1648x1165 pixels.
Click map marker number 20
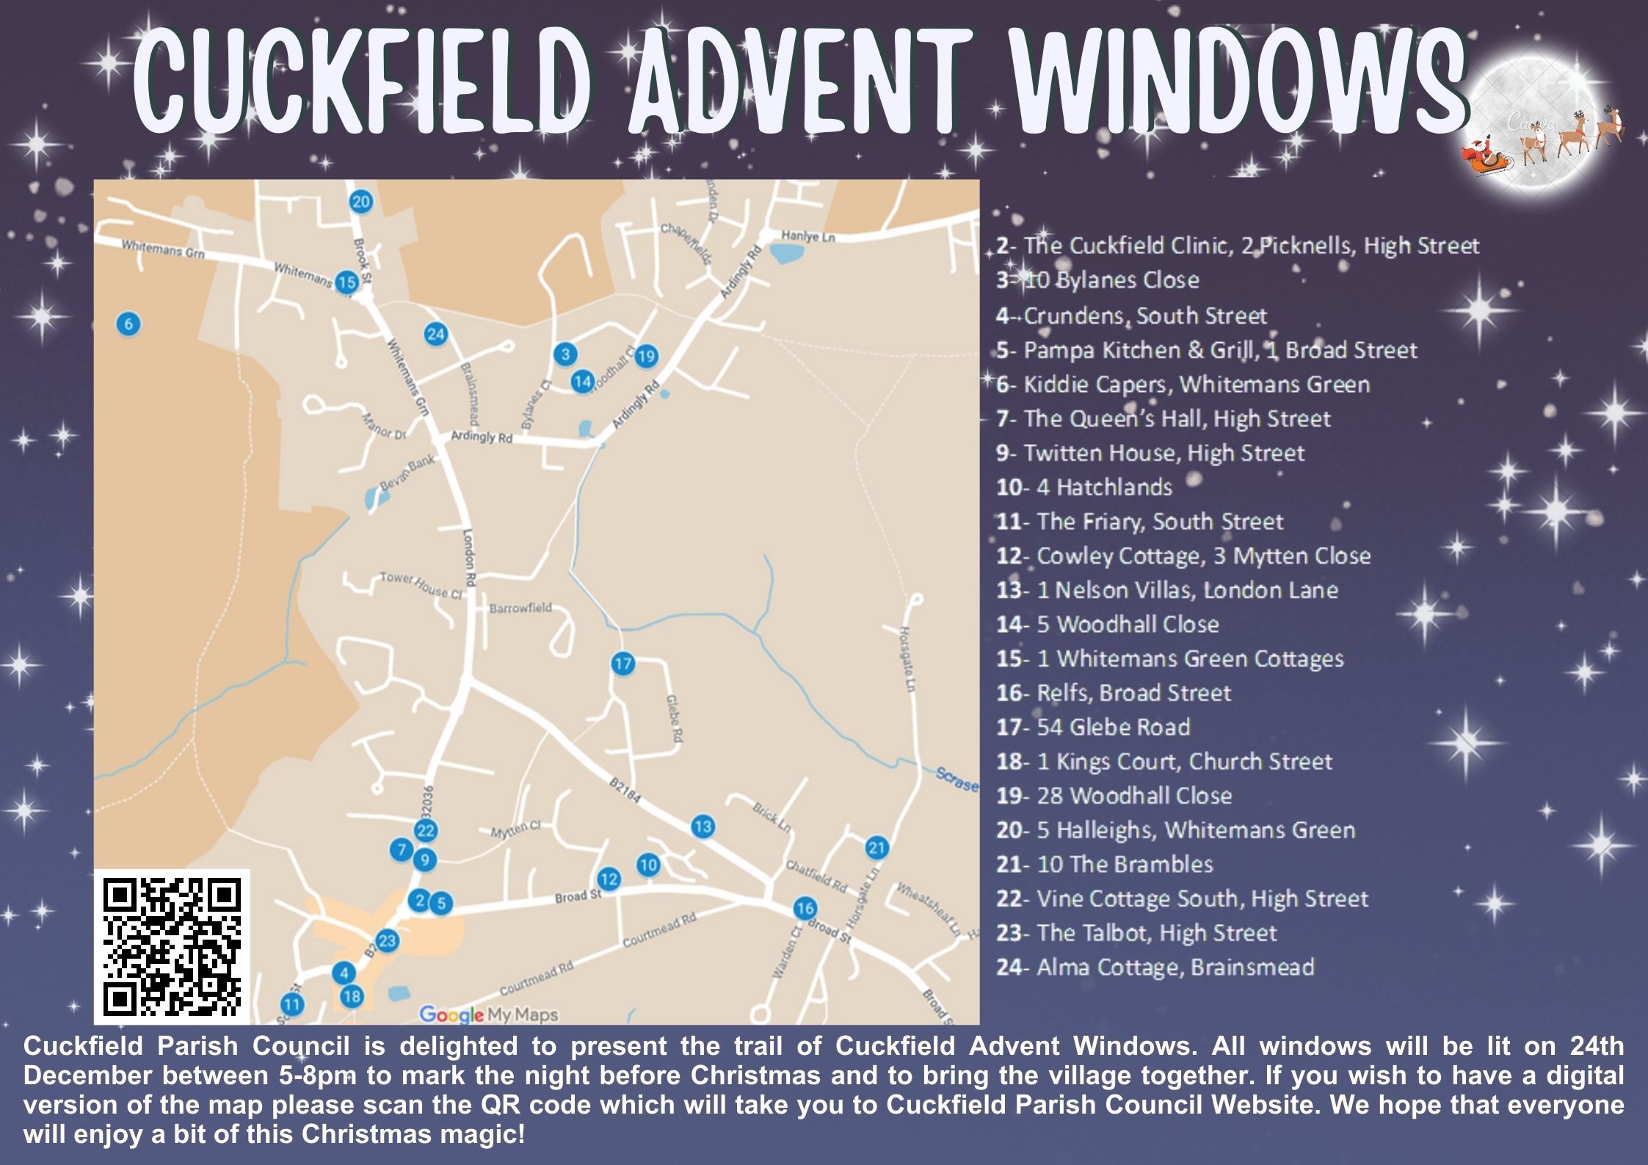coord(360,202)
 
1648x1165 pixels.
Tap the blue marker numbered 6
coord(128,324)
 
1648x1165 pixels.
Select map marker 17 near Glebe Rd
coord(622,664)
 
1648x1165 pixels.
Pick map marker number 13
coord(703,827)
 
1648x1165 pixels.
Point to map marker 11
coord(292,1005)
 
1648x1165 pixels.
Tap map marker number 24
coord(436,335)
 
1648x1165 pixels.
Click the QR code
coord(173,946)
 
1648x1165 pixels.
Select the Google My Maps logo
coord(489,1015)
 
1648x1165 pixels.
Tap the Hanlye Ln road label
coord(807,236)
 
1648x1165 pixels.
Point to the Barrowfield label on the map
coord(520,609)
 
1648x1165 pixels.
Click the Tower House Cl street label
coord(421,585)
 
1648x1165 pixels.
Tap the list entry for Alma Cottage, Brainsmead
coord(1155,968)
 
